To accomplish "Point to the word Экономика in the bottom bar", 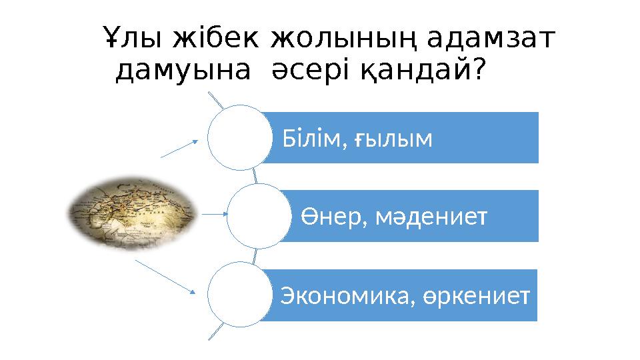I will [x=341, y=295].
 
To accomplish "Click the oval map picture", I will [x=132, y=213].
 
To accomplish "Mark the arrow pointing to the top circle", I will [x=180, y=149].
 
